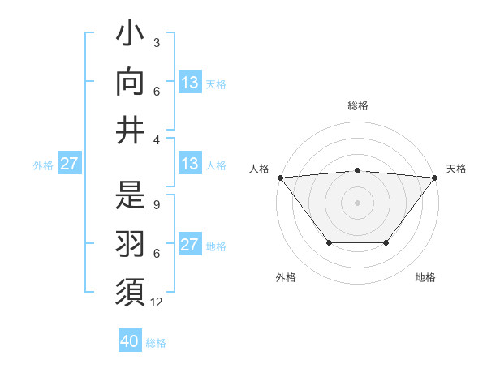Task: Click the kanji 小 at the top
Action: click(131, 36)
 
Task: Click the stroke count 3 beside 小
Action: click(156, 42)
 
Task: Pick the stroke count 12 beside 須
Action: click(157, 302)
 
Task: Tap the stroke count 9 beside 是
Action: click(156, 205)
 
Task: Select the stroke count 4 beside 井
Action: click(156, 139)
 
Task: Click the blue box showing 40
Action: click(129, 341)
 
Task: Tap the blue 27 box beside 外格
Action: click(69, 164)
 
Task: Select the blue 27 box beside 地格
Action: click(189, 246)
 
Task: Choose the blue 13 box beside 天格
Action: click(189, 83)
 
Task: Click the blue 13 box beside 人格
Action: click(189, 164)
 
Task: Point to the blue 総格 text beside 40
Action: click(156, 343)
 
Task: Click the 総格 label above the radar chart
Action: click(358, 105)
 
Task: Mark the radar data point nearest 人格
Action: click(280, 178)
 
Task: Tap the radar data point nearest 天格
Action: click(435, 178)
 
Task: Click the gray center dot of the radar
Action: click(357, 203)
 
